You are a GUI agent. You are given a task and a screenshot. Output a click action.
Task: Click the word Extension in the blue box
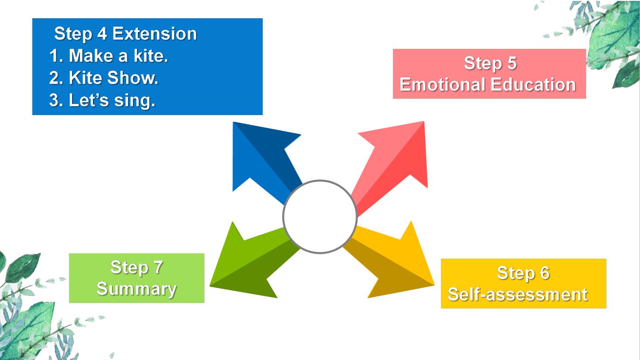(x=155, y=34)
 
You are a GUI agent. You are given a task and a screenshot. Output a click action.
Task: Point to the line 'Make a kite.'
(x=118, y=56)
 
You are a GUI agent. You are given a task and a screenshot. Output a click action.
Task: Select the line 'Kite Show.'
(x=113, y=78)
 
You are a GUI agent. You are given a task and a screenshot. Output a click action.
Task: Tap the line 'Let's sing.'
(x=112, y=100)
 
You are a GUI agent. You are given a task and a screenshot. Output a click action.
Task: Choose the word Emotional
(x=443, y=84)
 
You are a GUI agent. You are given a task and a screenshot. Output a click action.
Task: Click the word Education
(x=533, y=84)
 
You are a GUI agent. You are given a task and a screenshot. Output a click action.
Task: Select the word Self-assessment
(x=518, y=294)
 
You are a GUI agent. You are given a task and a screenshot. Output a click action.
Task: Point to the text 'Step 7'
(x=136, y=267)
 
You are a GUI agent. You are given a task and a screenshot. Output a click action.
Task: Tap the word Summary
(x=136, y=288)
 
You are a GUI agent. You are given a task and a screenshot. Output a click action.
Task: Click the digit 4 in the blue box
(x=102, y=34)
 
